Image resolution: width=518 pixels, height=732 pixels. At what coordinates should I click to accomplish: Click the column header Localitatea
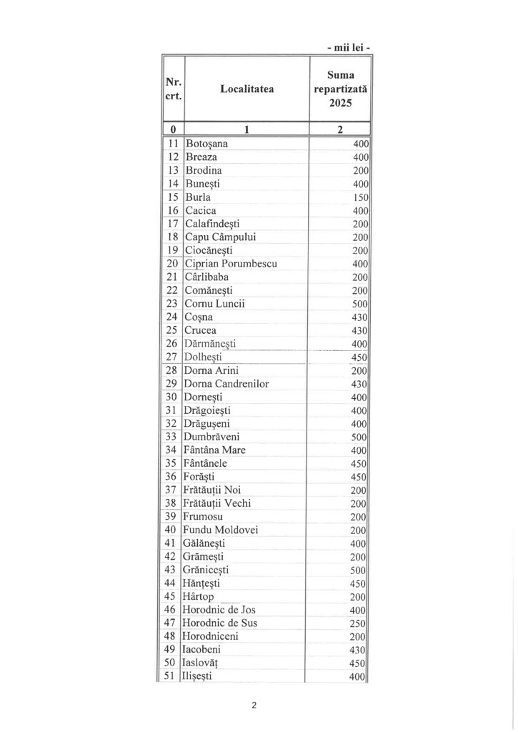point(246,89)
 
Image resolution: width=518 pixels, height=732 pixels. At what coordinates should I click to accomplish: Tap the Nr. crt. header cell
point(173,89)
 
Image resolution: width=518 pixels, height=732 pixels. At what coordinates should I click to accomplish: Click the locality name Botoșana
point(206,144)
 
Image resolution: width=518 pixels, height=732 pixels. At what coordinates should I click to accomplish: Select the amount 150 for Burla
point(359,197)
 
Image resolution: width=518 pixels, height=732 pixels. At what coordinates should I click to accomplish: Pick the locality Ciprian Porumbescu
point(229,263)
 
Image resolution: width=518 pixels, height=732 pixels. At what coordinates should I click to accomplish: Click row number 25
point(171,330)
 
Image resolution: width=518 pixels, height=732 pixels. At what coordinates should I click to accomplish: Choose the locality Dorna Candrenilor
point(226,384)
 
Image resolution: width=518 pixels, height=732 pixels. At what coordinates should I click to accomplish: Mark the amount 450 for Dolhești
point(359,357)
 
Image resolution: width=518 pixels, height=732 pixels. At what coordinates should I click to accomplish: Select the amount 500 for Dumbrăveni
point(359,437)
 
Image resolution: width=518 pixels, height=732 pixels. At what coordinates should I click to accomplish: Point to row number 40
point(171,530)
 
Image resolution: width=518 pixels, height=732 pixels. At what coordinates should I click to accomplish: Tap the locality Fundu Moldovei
point(221,530)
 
